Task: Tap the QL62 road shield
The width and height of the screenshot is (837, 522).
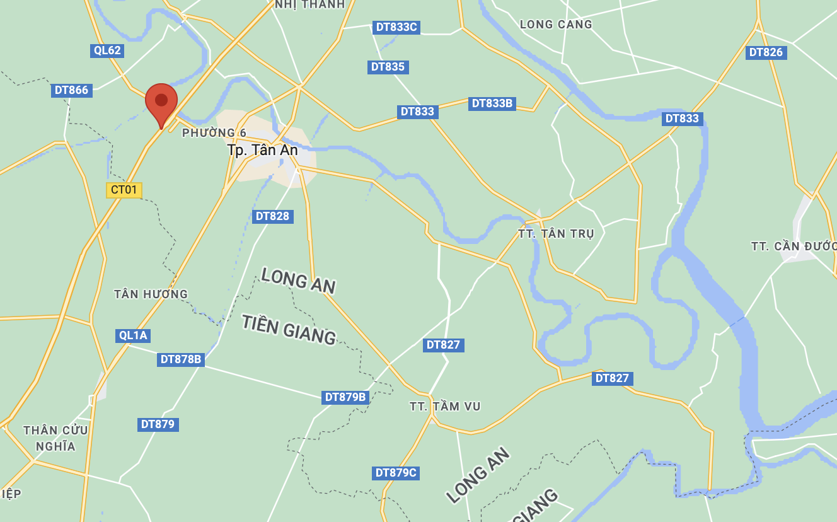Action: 107,50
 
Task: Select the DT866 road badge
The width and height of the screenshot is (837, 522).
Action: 71,90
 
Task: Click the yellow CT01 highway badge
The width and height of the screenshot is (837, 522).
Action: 124,190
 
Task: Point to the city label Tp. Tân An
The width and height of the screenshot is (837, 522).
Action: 262,150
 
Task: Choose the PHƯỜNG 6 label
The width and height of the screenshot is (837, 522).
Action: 214,133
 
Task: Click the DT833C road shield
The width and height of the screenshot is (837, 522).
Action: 396,27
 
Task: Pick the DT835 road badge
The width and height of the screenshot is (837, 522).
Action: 388,67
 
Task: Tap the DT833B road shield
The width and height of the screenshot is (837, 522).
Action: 492,103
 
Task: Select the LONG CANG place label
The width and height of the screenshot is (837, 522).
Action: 556,25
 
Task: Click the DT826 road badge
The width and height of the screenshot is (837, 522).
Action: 766,52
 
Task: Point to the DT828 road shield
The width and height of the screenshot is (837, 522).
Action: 272,216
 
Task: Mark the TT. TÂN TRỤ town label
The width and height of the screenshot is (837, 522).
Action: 556,234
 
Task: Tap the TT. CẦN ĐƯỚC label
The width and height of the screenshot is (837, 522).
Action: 794,246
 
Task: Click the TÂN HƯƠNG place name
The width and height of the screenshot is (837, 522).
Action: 151,294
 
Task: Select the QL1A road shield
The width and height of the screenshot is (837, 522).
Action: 133,335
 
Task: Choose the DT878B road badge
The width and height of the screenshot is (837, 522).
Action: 181,359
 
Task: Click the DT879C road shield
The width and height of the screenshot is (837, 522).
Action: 396,473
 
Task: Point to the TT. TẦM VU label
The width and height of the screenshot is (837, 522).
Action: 445,407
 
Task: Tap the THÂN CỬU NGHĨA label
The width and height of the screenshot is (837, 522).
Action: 55,438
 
